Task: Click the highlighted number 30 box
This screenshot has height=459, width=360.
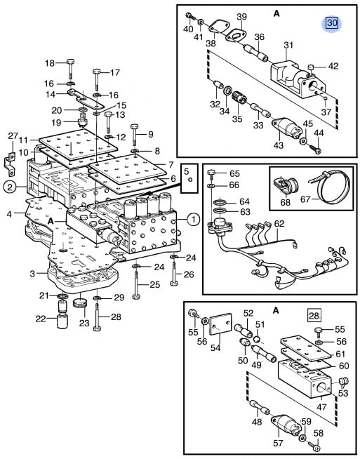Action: [x=332, y=23]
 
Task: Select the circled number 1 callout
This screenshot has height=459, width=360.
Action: [x=193, y=219]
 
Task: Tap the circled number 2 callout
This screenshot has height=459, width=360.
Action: [x=11, y=187]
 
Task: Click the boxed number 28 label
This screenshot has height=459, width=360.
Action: [x=314, y=316]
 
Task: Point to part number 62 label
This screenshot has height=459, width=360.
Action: [x=279, y=224]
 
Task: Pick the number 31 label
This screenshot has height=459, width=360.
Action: [x=288, y=46]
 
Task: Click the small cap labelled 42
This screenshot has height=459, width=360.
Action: [x=311, y=67]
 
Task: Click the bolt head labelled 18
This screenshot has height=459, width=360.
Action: [x=70, y=62]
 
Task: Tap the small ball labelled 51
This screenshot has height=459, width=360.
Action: [x=257, y=339]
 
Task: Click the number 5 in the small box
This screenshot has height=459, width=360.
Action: [x=187, y=171]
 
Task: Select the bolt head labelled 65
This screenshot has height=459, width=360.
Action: [x=213, y=173]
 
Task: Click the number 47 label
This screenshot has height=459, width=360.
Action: [x=321, y=406]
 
